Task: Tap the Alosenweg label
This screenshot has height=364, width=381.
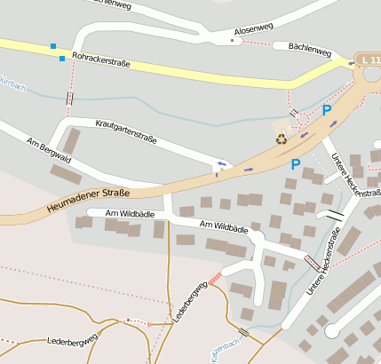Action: (x=250, y=29)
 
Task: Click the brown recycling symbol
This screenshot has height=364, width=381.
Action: (x=282, y=138)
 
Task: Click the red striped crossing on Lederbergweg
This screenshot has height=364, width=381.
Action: (x=216, y=278)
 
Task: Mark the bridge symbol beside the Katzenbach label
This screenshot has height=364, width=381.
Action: (x=244, y=331)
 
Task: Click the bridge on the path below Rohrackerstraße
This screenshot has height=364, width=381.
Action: (x=69, y=99)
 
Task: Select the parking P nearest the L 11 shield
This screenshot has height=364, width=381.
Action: (x=326, y=110)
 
